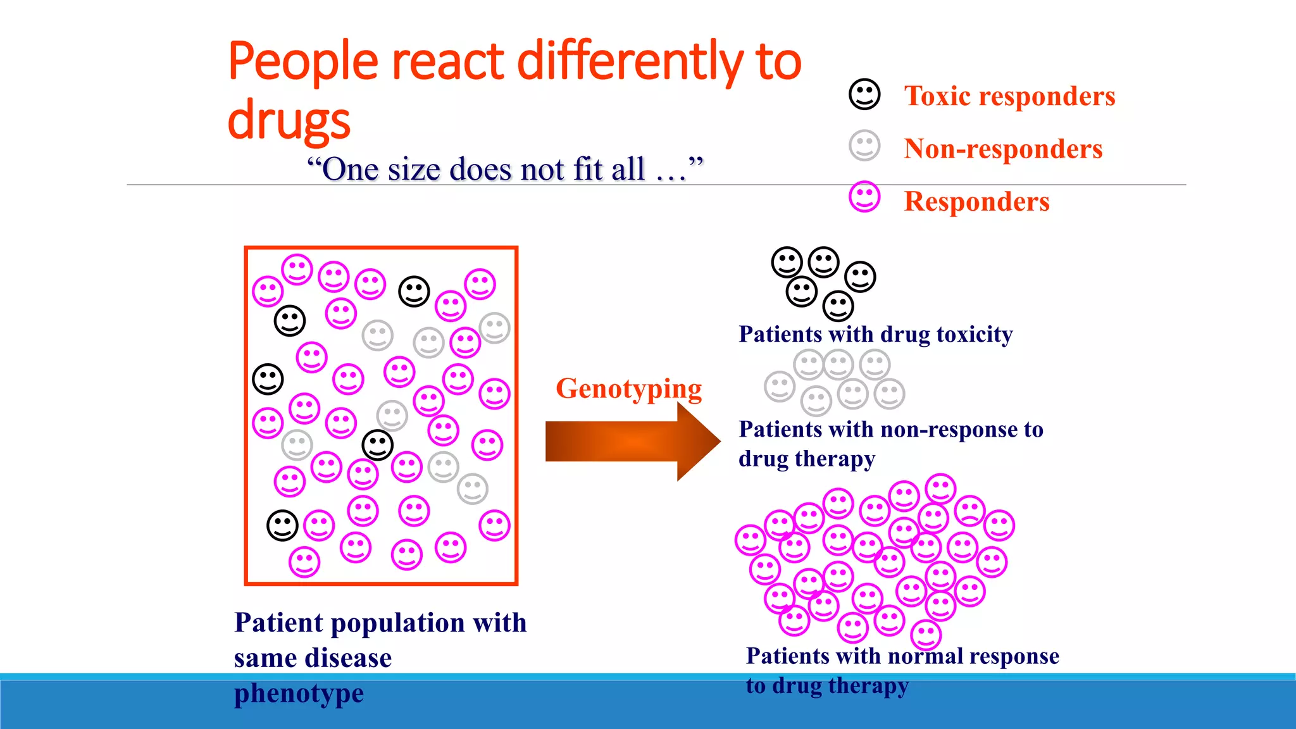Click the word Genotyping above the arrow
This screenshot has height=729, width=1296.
(628, 389)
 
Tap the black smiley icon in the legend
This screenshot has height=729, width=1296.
(864, 95)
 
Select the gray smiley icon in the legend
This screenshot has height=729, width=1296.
(864, 146)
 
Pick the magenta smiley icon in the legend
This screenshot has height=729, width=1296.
(864, 197)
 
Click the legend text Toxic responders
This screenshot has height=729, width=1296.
(1009, 96)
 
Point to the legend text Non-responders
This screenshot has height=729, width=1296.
(1003, 149)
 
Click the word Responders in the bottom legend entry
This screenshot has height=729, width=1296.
(976, 202)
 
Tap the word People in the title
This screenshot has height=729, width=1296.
(303, 61)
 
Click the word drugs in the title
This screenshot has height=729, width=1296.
(289, 120)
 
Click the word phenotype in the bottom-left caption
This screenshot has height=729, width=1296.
(299, 693)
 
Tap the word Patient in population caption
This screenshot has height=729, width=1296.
(278, 623)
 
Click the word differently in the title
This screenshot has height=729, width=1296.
(631, 61)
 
